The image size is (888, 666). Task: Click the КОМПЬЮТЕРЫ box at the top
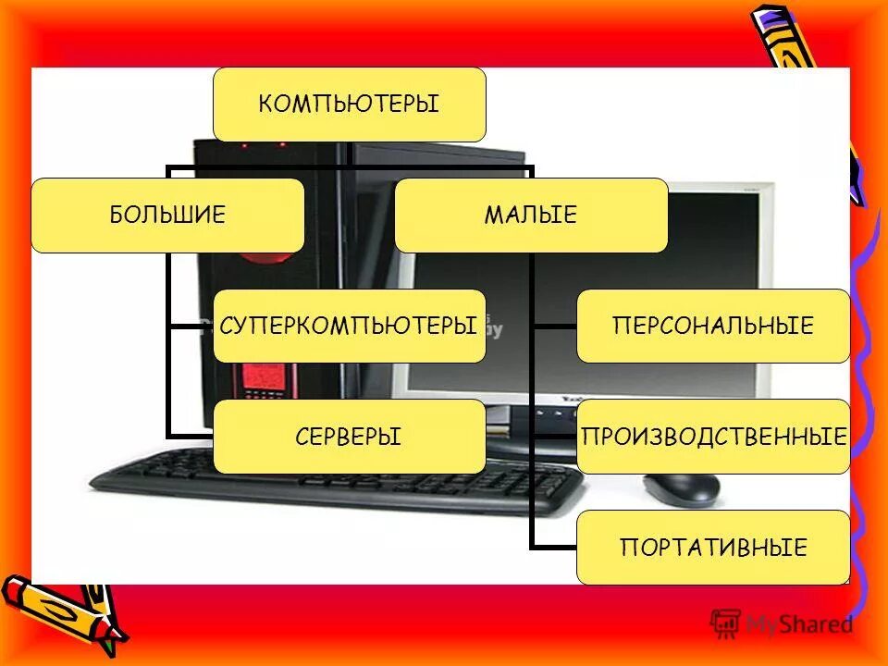349,104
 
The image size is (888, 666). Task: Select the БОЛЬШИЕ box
167,216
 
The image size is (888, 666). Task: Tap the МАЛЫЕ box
530,216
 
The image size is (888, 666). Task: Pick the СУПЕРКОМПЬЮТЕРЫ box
349,326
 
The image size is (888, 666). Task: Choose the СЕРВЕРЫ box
349,437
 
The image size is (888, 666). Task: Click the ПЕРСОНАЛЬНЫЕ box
712,326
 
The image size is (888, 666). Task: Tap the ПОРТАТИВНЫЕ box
712,547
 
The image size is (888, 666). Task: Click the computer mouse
682,487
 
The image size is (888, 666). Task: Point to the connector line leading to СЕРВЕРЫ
190,437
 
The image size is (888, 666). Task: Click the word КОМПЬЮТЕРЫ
349,104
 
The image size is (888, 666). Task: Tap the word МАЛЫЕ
530,216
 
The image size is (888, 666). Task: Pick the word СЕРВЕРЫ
349,437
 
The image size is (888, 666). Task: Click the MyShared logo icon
726,623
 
